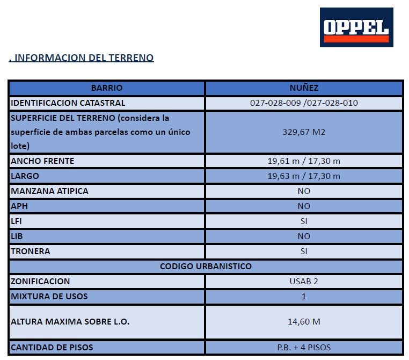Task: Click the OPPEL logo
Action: pyautogui.click(x=356, y=27)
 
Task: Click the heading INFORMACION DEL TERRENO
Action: pyautogui.click(x=82, y=58)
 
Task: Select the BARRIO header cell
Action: pyautogui.click(x=106, y=88)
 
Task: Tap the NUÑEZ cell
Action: pyautogui.click(x=304, y=88)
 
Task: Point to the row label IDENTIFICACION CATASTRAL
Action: pyautogui.click(x=68, y=103)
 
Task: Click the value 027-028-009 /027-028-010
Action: pyautogui.click(x=304, y=103)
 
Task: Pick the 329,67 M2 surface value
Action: pyautogui.click(x=304, y=132)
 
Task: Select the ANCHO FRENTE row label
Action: pyautogui.click(x=42, y=161)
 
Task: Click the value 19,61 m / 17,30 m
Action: pyautogui.click(x=304, y=161)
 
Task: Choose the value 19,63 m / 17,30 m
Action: pyautogui.click(x=304, y=176)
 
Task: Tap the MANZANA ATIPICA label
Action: pyautogui.click(x=49, y=191)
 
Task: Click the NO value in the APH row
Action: pyautogui.click(x=304, y=206)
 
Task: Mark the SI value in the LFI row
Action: pyautogui.click(x=304, y=221)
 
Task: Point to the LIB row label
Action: pyautogui.click(x=17, y=236)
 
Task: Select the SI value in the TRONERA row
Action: pyautogui.click(x=304, y=251)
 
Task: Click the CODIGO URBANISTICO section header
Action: pyautogui.click(x=206, y=267)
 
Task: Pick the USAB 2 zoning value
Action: pyautogui.click(x=304, y=282)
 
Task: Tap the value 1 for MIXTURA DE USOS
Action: pyautogui.click(x=304, y=297)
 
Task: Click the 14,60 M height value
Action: pyautogui.click(x=304, y=322)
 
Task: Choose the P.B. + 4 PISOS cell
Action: pyautogui.click(x=304, y=348)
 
